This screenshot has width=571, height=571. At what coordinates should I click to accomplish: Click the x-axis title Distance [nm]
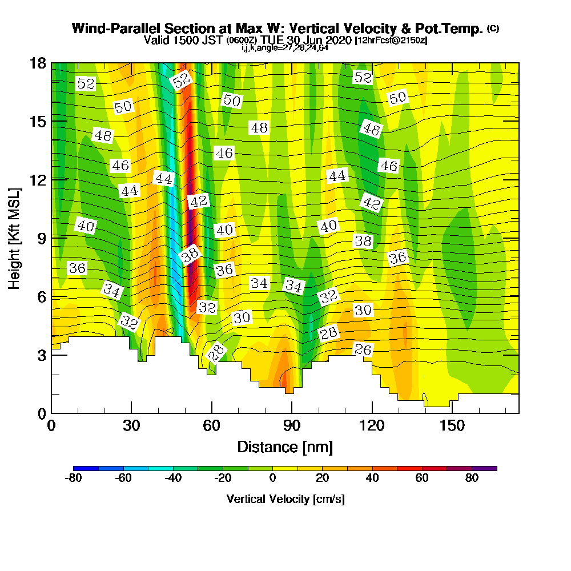coord(285,446)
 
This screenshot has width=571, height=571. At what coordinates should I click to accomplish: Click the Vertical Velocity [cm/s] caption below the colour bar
coord(285,499)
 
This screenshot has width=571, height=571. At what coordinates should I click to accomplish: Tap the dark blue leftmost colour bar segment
coord(86,468)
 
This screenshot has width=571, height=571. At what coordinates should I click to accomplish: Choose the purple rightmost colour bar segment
coord(484,468)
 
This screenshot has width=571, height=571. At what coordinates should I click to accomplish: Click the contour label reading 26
coord(363,349)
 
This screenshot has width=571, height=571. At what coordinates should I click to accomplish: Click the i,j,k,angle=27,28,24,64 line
coord(285,48)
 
